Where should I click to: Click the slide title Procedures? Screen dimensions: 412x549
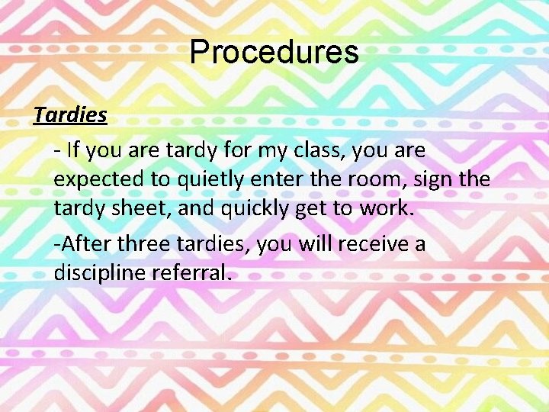tap(274, 52)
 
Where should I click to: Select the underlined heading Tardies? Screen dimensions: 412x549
tap(70, 115)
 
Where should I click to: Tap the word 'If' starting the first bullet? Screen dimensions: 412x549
tap(73, 150)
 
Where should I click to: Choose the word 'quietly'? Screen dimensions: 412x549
tap(209, 179)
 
